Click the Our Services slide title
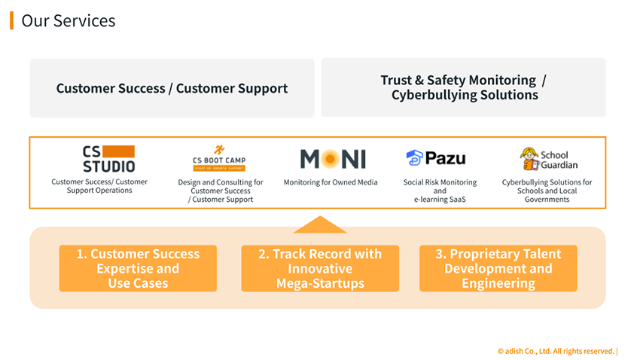(x=69, y=20)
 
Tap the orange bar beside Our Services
(x=11, y=20)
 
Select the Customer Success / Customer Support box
(x=172, y=88)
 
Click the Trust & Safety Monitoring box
(x=463, y=87)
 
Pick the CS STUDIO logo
(x=108, y=159)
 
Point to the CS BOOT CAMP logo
(x=219, y=159)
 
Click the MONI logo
(x=333, y=159)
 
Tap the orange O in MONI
(x=332, y=159)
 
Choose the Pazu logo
(x=436, y=158)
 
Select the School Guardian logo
(x=549, y=159)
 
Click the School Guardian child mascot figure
(x=529, y=158)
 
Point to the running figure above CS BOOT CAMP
(x=219, y=150)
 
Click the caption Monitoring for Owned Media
(x=331, y=182)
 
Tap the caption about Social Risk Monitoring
(x=440, y=191)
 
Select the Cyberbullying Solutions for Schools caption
(x=547, y=191)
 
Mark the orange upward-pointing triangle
(x=320, y=224)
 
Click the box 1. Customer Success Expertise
(x=138, y=269)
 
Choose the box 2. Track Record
(x=320, y=269)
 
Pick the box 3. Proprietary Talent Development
(x=498, y=269)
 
